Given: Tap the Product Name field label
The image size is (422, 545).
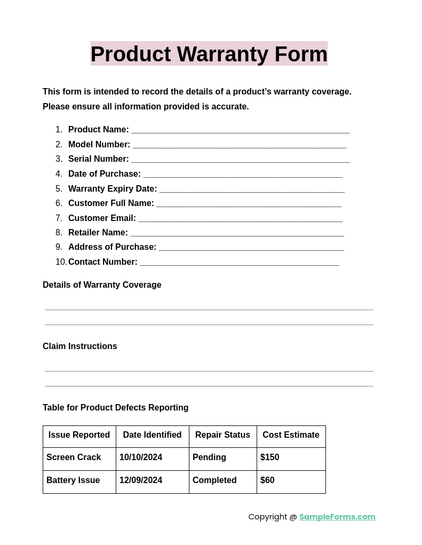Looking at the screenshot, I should pyautogui.click(x=99, y=130).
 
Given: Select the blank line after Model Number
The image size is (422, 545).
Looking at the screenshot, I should pyautogui.click(x=240, y=146).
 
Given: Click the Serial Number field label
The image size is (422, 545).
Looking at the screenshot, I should pyautogui.click(x=99, y=159).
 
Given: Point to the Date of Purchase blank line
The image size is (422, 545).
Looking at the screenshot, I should pyautogui.click(x=243, y=175).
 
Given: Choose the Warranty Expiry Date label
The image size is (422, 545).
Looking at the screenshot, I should pyautogui.click(x=113, y=189).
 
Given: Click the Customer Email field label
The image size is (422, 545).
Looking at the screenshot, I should pyautogui.click(x=102, y=218).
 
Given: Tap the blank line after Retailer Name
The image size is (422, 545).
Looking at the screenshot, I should pyautogui.click(x=237, y=234).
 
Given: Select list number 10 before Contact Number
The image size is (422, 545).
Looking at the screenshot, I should pyautogui.click(x=61, y=262).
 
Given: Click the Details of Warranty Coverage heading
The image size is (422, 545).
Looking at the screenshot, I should pyautogui.click(x=102, y=285).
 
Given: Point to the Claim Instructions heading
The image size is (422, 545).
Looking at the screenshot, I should pyautogui.click(x=80, y=346).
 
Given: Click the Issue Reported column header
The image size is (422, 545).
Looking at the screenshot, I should pyautogui.click(x=79, y=435).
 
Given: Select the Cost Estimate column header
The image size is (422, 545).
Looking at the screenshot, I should pyautogui.click(x=291, y=435).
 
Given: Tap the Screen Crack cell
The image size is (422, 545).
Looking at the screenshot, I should pyautogui.click(x=74, y=457).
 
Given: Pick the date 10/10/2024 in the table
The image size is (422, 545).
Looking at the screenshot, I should pyautogui.click(x=141, y=457).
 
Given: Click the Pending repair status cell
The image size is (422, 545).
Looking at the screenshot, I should pyautogui.click(x=209, y=457).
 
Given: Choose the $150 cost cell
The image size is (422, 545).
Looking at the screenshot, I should pyautogui.click(x=270, y=457).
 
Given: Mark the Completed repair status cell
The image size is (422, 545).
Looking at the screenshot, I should pyautogui.click(x=214, y=480).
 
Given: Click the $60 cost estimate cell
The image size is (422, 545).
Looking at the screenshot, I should pyautogui.click(x=267, y=480).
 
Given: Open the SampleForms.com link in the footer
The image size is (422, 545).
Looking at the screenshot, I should pyautogui.click(x=337, y=517).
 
